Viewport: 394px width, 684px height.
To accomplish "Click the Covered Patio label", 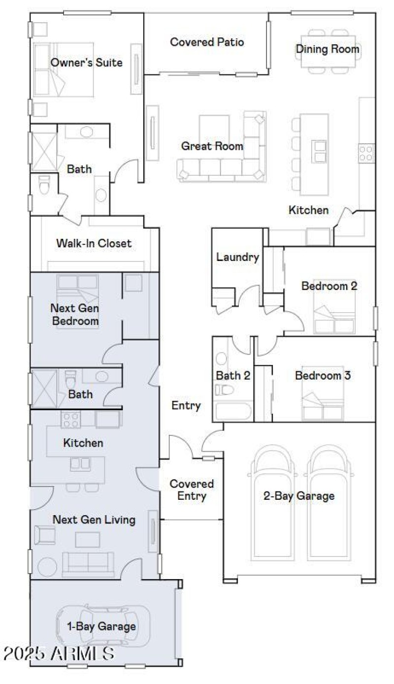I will click(x=207, y=42).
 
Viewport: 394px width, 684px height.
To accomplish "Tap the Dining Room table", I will click(x=327, y=51).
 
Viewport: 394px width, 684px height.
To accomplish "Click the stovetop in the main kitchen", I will click(x=366, y=153).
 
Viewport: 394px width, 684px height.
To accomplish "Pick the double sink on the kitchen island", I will click(x=318, y=151).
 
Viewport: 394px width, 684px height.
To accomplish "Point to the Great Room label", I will click(x=212, y=146).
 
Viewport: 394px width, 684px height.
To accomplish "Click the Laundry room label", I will click(x=237, y=257).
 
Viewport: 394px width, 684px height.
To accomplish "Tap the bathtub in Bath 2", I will click(x=233, y=411).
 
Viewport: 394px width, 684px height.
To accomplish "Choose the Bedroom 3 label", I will click(x=323, y=376).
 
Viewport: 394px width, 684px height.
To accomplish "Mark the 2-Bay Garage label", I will click(x=298, y=496).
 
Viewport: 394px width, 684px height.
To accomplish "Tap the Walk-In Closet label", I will click(x=94, y=243).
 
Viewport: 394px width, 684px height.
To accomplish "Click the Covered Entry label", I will click(x=192, y=490).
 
